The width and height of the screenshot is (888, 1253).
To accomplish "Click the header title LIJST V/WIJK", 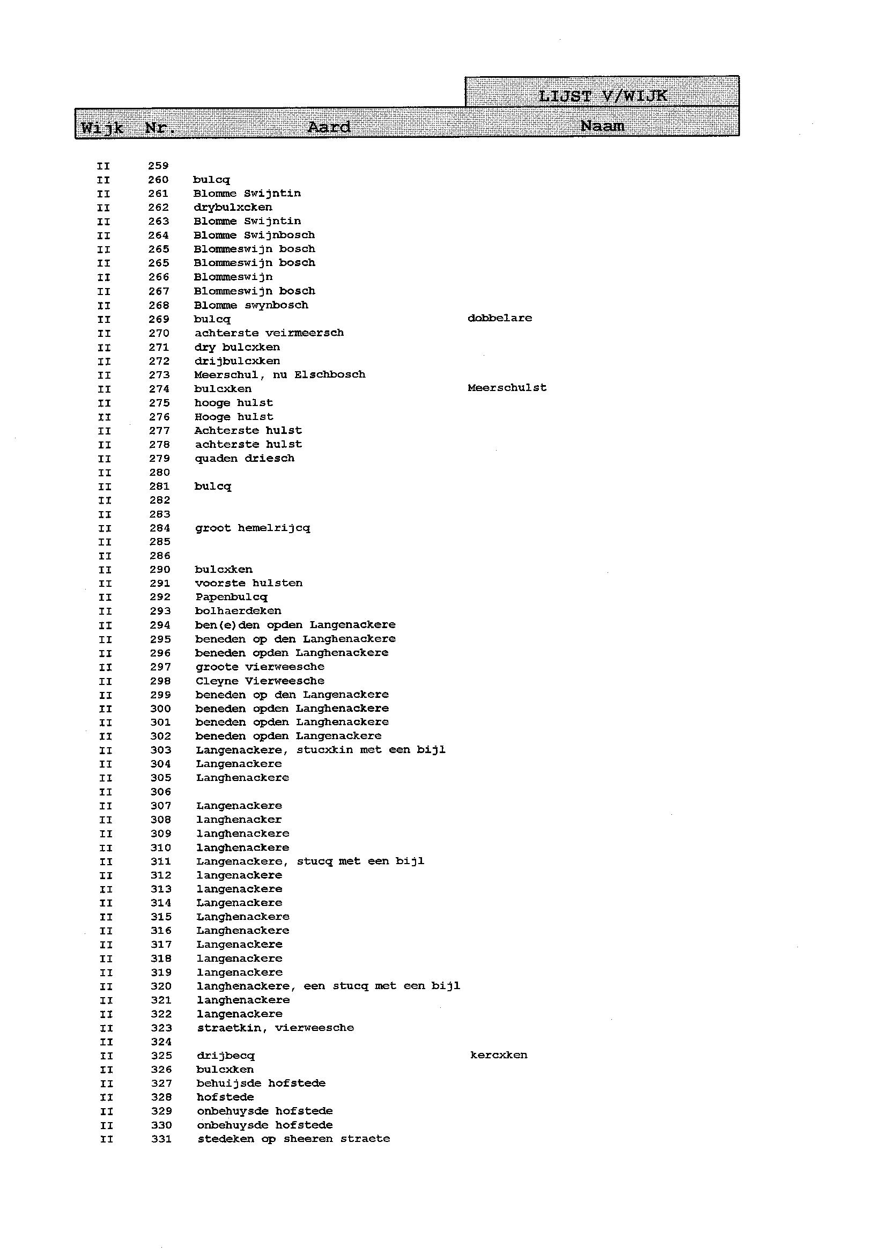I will [602, 96].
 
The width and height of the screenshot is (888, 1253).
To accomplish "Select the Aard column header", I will [329, 128].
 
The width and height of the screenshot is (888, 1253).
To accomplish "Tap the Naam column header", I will [602, 127].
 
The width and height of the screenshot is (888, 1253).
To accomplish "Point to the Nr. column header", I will [160, 129].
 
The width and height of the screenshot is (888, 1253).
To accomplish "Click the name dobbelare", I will [499, 318].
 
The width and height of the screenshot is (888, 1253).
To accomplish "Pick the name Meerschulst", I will [507, 388].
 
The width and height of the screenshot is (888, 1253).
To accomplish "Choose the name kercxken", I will [498, 1055].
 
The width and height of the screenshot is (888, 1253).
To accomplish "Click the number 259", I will [158, 166].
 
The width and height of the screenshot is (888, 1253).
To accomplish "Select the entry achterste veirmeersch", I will [269, 333].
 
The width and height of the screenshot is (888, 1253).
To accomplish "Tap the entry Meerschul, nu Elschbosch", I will [279, 374].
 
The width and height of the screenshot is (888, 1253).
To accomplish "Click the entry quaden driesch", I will [245, 458].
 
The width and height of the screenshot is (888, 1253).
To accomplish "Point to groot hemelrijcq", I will [252, 528].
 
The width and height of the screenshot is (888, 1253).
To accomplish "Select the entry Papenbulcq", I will [231, 597].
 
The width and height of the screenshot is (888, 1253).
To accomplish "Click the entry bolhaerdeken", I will [239, 611].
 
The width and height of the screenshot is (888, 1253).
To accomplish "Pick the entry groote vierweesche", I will [260, 667].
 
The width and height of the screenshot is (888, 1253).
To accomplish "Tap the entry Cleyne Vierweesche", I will [260, 681].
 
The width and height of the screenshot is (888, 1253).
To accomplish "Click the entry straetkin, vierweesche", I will [275, 1028].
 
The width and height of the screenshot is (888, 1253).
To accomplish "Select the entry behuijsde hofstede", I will [261, 1083].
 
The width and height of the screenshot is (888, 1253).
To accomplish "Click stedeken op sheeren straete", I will [294, 1139].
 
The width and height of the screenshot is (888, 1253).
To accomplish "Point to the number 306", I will [161, 792].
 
